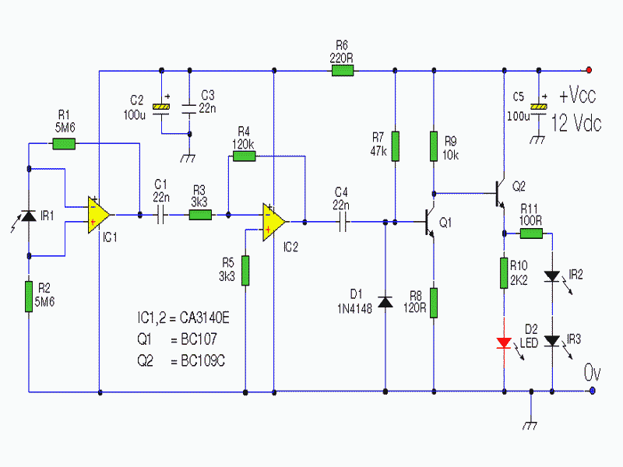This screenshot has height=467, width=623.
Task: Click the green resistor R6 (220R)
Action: [x=343, y=71]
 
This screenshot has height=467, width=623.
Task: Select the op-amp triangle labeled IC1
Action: [x=98, y=215]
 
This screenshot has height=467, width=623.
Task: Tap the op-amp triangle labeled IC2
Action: [x=273, y=222]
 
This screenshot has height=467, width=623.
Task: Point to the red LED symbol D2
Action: [x=504, y=342]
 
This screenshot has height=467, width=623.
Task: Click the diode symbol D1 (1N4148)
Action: [x=385, y=302]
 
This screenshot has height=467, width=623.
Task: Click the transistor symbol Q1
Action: [x=429, y=222]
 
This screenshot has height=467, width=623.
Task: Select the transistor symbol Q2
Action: [x=499, y=194]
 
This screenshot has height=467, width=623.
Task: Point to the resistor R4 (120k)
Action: [x=244, y=156]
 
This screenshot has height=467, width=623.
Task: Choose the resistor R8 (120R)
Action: [x=434, y=303]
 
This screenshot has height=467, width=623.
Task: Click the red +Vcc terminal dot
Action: [x=589, y=70]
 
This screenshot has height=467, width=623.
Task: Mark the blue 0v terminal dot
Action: [x=593, y=391]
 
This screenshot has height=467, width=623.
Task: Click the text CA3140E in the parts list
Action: [x=204, y=318]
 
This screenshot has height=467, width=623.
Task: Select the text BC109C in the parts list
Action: [x=202, y=360]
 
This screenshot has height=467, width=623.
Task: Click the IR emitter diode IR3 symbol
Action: [x=552, y=341]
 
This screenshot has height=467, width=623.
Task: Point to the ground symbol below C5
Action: [x=538, y=139]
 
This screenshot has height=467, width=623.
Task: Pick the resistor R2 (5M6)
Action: [x=29, y=297]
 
